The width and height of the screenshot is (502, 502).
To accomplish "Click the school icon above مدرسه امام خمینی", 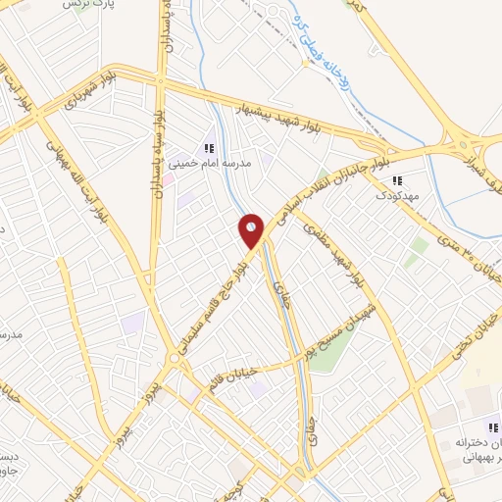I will [209, 147].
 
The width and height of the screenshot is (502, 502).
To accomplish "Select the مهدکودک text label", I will [396, 196].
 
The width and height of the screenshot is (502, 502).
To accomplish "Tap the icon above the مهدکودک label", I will [397, 180].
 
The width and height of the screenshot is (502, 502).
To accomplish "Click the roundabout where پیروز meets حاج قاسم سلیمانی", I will [175, 360].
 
